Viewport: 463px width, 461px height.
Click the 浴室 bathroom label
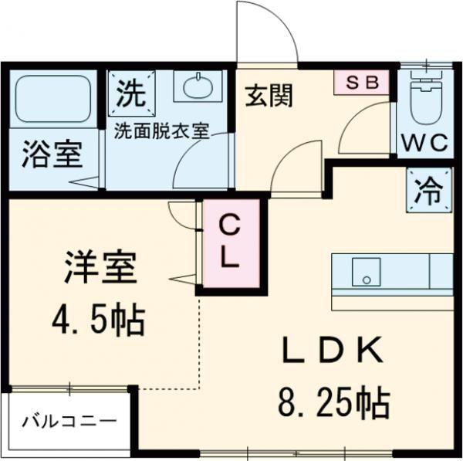click(x=51, y=154)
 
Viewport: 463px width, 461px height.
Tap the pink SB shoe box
click(x=361, y=83)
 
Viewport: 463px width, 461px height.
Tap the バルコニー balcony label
click(x=69, y=422)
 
